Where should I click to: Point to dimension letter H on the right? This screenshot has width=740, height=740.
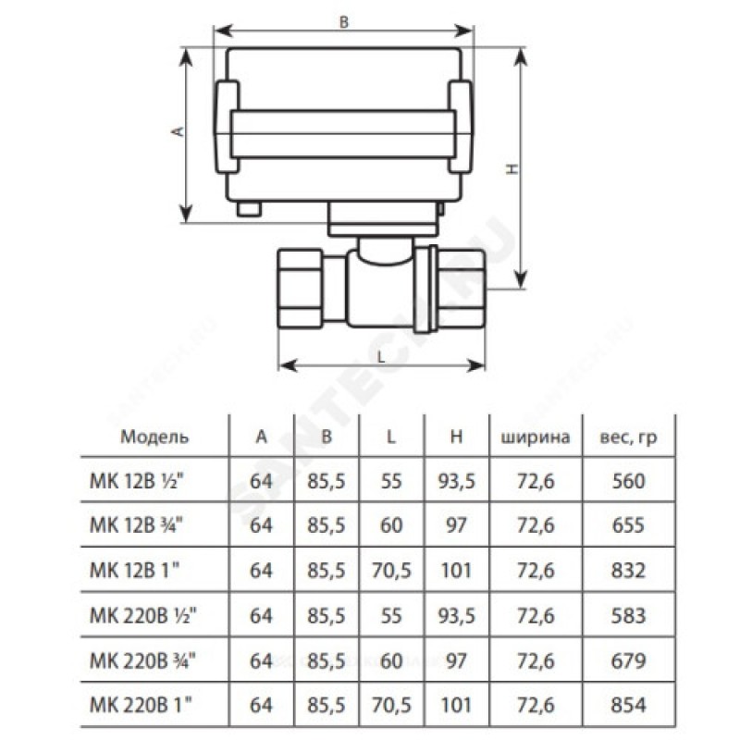pos(510,169)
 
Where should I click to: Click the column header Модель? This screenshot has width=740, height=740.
pos(142,436)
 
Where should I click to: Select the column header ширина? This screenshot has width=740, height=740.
pos(536,436)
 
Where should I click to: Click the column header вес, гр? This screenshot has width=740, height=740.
pos(634,436)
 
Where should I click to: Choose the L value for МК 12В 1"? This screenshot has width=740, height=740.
pos(391,571)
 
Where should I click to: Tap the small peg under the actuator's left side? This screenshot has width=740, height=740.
pos(246,210)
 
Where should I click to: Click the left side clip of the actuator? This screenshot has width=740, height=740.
pos(227,129)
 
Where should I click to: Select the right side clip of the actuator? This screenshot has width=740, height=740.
pos(462,129)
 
